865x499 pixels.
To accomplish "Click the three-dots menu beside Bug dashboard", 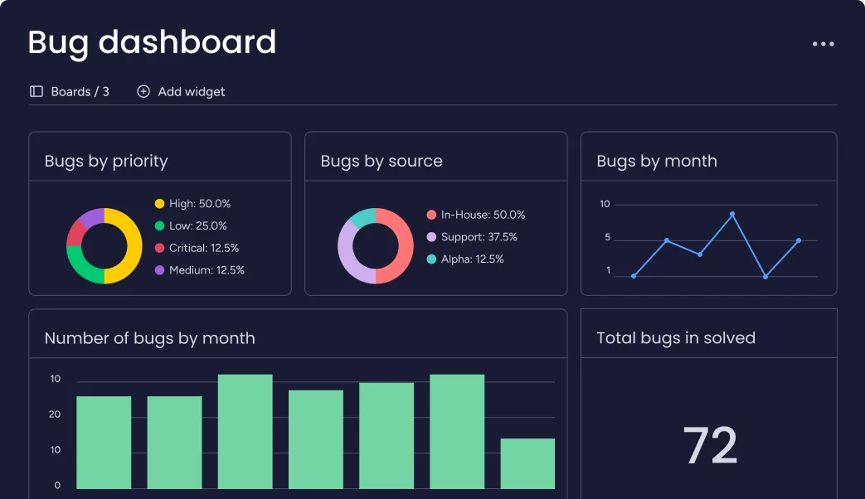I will point(823,44).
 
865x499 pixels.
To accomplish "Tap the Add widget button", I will point(181,91).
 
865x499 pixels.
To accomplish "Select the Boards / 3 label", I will point(70,91).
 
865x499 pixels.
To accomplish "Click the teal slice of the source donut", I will point(362,217).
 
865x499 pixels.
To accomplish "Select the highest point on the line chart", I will point(732,214).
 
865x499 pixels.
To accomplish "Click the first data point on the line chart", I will point(634,276).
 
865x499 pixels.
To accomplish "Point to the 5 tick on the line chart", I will point(607,238).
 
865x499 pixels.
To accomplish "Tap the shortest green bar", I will point(527,463).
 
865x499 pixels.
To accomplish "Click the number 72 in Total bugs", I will point(710,446).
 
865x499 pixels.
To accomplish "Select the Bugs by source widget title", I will point(381,161).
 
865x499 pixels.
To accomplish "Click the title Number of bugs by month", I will point(149,338).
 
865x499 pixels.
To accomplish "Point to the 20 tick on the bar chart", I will point(55,414).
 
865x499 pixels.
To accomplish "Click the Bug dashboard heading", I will point(152,42).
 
